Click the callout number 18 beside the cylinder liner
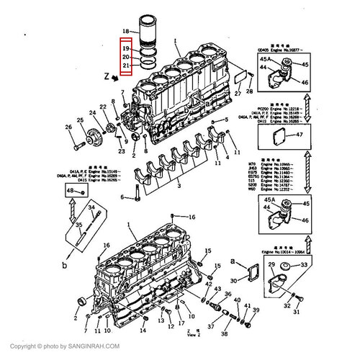coord(125,30)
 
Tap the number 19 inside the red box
coord(125,48)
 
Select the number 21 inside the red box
coord(125,66)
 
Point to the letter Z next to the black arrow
coord(106,75)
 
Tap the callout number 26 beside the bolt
coord(70,127)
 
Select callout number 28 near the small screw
coord(249,91)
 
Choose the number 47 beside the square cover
coord(300,135)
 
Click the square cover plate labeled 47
coord(279,135)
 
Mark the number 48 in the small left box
coord(71,190)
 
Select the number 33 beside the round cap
coord(303,266)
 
